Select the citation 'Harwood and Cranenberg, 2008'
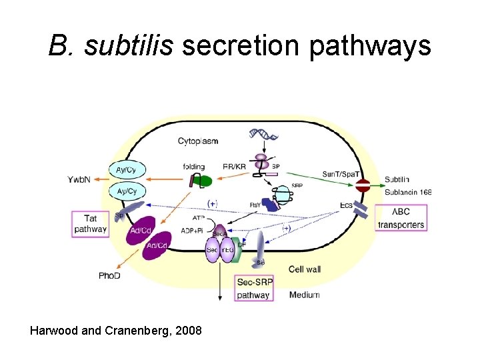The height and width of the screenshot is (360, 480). coord(116,331)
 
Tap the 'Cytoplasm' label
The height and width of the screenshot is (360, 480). coord(198,141)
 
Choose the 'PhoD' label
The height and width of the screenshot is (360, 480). coord(109,275)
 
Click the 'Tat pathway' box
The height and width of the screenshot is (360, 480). coord(90,223)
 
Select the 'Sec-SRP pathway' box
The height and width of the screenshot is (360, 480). coord(253,288)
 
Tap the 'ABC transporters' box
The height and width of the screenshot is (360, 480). coord(401,218)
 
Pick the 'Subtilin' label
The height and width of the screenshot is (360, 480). coord(397,179)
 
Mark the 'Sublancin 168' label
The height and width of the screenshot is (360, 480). coord(408,192)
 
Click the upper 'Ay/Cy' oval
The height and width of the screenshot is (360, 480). coord(127,170)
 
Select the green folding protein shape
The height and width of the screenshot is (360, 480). coord(203,181)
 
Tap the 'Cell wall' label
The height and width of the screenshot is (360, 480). coord(305,269)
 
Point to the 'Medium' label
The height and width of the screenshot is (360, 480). coord(304,295)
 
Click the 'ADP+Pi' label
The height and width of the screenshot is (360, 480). coord(193,230)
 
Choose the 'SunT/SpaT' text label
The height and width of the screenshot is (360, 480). coord(340,173)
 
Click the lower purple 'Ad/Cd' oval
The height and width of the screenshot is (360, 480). coord(157,247)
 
